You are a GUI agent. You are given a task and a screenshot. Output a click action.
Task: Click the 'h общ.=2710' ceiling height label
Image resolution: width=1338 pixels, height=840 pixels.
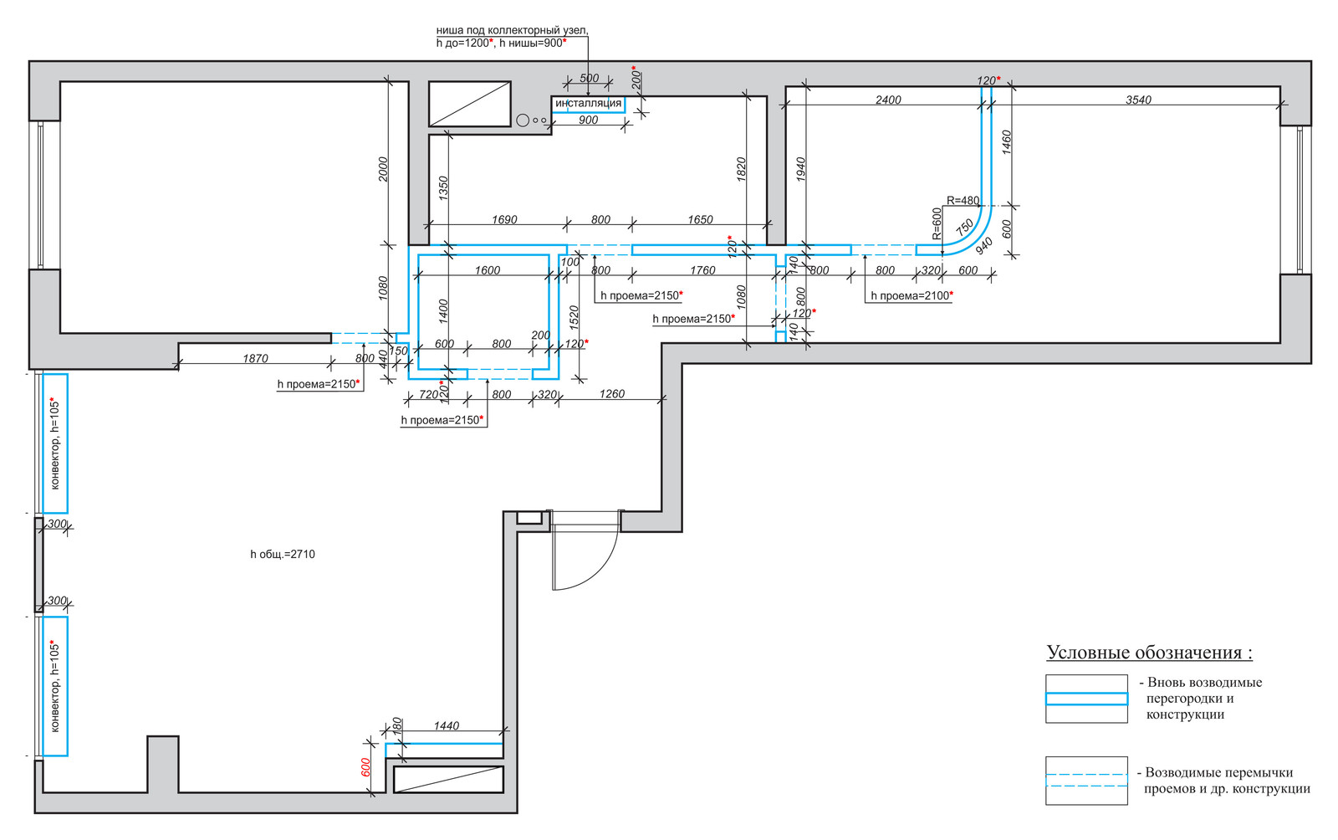(x=283, y=554)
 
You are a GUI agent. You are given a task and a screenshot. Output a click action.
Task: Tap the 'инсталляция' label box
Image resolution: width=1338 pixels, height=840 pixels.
(x=589, y=104)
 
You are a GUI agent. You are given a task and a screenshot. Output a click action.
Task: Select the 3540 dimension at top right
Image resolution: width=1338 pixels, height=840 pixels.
(x=1138, y=100)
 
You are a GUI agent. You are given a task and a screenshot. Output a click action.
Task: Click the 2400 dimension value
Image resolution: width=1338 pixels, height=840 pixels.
(x=888, y=100)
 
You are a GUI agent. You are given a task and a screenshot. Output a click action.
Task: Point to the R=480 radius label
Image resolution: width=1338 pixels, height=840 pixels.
(x=963, y=201)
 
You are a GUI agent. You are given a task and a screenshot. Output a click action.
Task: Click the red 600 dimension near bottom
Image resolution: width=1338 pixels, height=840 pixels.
(x=365, y=767)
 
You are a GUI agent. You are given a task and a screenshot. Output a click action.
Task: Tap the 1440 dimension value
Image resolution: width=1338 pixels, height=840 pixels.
(x=446, y=725)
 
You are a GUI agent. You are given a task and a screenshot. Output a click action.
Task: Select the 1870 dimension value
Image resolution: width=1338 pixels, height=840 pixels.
(x=255, y=358)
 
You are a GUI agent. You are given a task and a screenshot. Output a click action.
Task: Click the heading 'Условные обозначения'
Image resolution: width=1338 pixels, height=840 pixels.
(x=1149, y=653)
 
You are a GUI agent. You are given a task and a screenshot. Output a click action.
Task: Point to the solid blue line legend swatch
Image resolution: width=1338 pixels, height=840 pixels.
(x=1086, y=699)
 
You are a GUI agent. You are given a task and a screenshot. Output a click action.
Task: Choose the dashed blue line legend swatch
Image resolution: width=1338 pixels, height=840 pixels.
(x=1086, y=781)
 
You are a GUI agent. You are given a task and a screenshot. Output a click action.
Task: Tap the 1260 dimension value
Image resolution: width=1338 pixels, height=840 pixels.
(x=611, y=393)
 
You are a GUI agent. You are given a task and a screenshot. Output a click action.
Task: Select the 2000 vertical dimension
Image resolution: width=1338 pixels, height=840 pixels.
(x=383, y=169)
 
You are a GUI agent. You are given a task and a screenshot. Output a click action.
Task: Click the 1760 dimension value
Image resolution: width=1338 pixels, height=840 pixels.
(x=702, y=270)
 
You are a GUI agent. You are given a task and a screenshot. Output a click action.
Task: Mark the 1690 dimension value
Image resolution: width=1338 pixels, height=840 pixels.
(x=504, y=220)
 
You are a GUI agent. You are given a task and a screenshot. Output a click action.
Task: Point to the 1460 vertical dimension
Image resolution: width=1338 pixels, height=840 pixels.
(x=1007, y=141)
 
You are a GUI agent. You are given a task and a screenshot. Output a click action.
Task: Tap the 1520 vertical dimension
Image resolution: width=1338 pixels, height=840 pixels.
(x=574, y=316)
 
